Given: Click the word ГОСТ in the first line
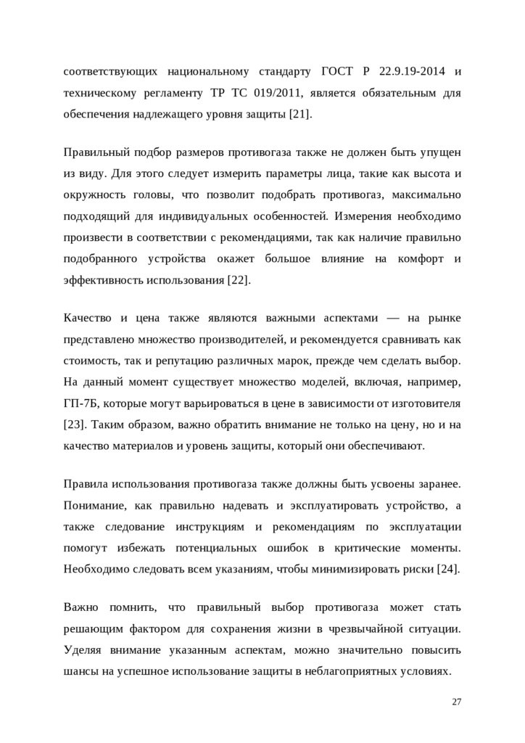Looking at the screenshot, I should click(337, 72).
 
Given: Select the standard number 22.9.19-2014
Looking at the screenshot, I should click(409, 72).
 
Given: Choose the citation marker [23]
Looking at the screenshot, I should click(75, 424).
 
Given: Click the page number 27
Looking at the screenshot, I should click(456, 702).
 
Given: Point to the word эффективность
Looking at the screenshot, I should click(107, 279).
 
